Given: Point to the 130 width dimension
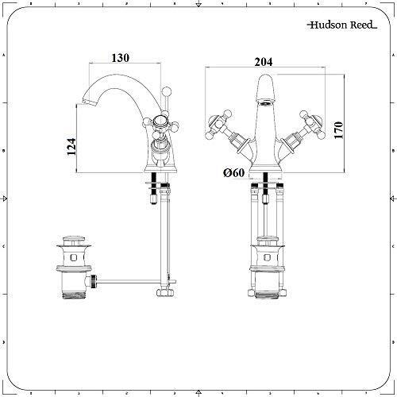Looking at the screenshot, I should coord(121,59).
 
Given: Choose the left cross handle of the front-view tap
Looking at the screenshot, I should coord(215,121).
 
